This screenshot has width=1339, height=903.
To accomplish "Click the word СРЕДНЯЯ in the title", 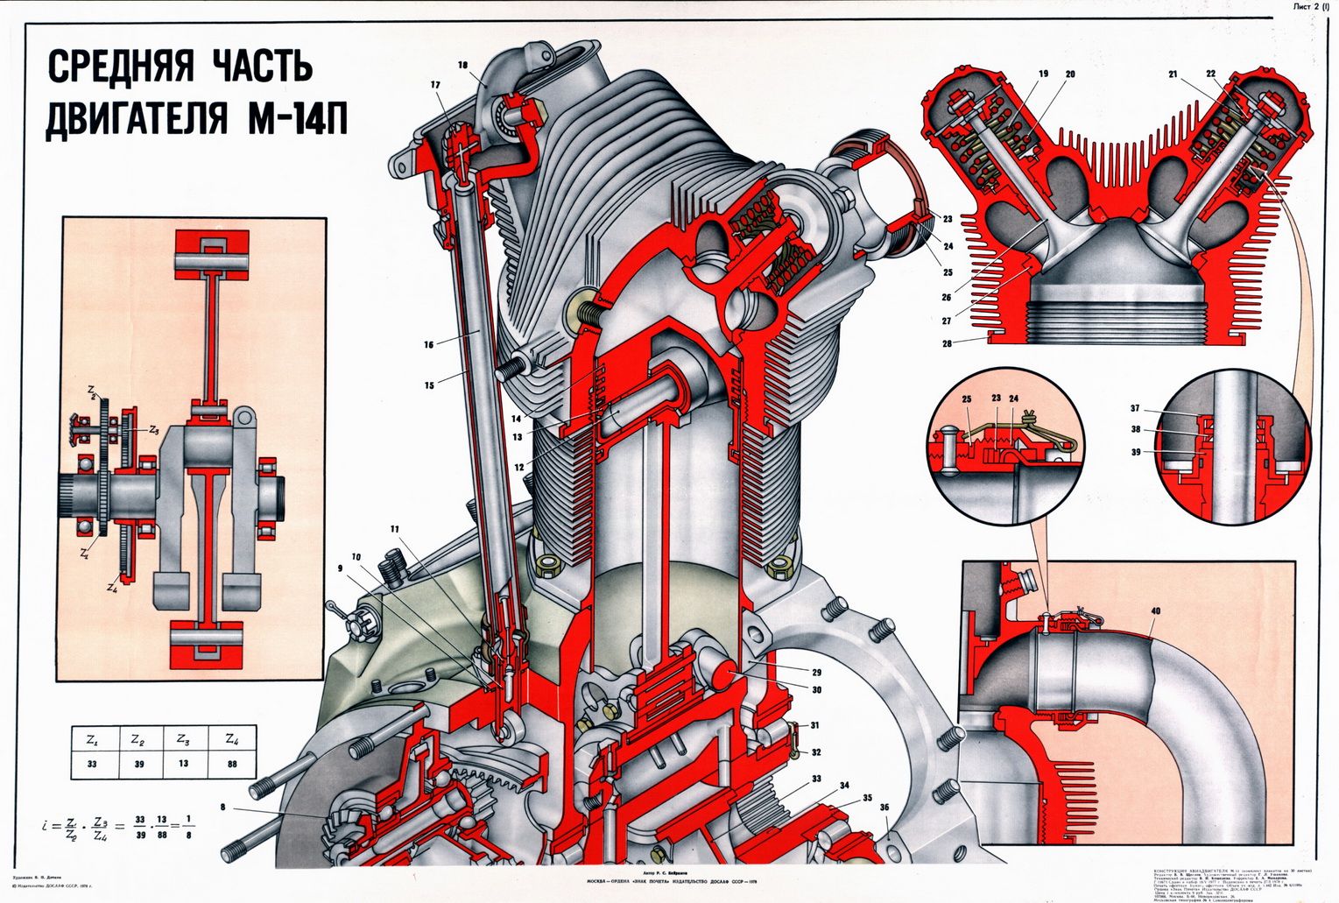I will pyautogui.click(x=121, y=67).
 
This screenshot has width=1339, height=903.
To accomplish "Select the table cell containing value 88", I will pyautogui.click(x=231, y=763).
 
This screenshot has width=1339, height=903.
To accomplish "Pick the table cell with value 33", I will pyautogui.click(x=91, y=763).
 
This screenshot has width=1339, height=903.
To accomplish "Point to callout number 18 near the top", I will pyautogui.click(x=462, y=65).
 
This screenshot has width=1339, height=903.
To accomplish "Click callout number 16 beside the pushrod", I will pyautogui.click(x=429, y=344).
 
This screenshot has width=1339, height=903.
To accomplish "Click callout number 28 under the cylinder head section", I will pyautogui.click(x=947, y=343).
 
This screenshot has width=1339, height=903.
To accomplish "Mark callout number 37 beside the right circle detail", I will pyautogui.click(x=1135, y=408).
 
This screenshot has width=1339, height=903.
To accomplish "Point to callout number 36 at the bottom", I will pyautogui.click(x=885, y=808).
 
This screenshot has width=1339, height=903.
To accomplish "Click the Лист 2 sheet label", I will pyautogui.click(x=1308, y=7).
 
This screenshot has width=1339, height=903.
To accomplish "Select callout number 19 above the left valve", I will pyautogui.click(x=1043, y=74).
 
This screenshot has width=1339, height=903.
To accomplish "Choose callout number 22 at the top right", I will pyautogui.click(x=1211, y=74).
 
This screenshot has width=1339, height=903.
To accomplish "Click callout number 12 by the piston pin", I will pyautogui.click(x=519, y=467).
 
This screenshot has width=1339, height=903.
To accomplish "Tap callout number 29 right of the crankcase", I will pyautogui.click(x=816, y=673).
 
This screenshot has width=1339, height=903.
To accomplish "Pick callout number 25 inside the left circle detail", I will pyautogui.click(x=967, y=399).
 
